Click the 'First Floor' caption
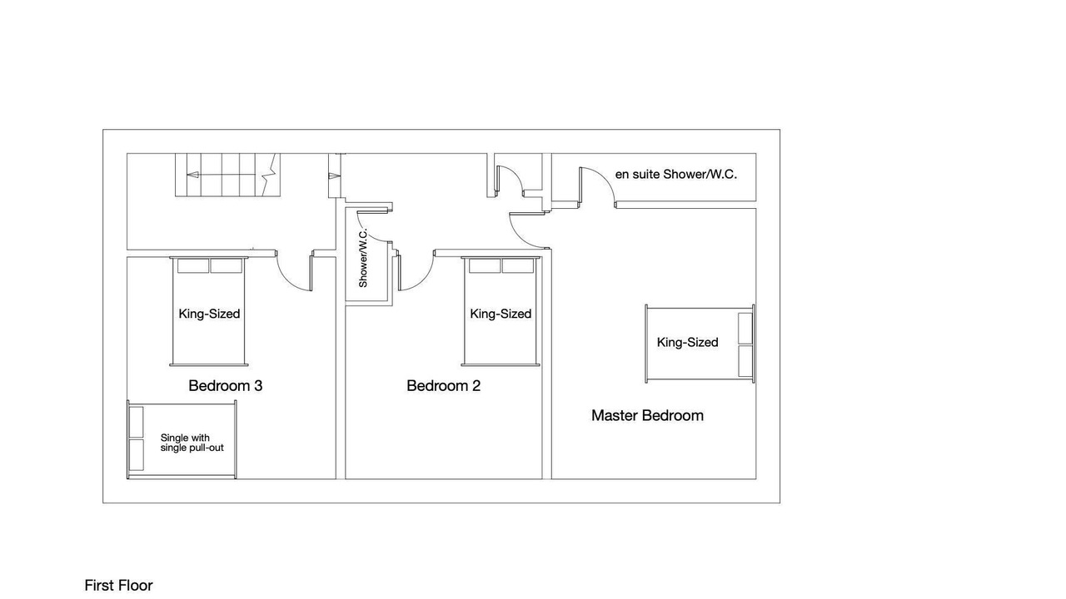118,585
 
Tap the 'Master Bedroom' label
647,415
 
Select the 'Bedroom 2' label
444,385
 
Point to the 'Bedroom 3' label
226,385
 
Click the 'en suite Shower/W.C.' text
675,175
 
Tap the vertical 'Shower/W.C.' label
363,258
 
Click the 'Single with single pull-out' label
192,443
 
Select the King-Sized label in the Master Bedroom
687,342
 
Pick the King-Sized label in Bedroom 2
501,314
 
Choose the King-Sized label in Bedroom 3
209,314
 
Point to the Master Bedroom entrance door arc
520,239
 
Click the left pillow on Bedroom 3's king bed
193,266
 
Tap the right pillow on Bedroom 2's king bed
518,266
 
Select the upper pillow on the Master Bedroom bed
745,328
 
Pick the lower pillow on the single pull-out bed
136,455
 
